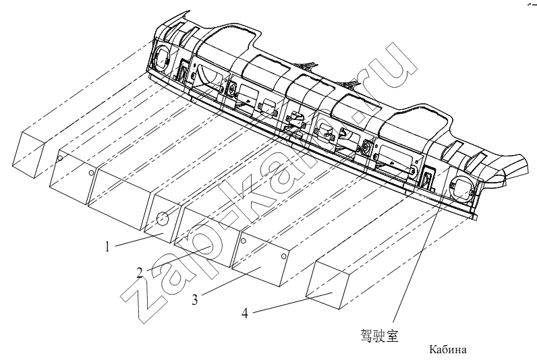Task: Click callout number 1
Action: coord(107,246)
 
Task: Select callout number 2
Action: coord(140,273)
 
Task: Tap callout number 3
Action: coord(194,300)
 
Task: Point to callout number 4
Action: coord(244,313)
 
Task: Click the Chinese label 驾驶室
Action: coord(379,335)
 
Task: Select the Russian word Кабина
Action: coord(448,350)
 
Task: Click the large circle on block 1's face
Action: coord(162,218)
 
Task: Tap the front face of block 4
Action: coord(327,284)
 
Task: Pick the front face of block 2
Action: coord(206,237)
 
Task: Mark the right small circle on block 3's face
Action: coord(283,257)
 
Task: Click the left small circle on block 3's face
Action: coord(243,241)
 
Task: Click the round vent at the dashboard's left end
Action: coord(162,57)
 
